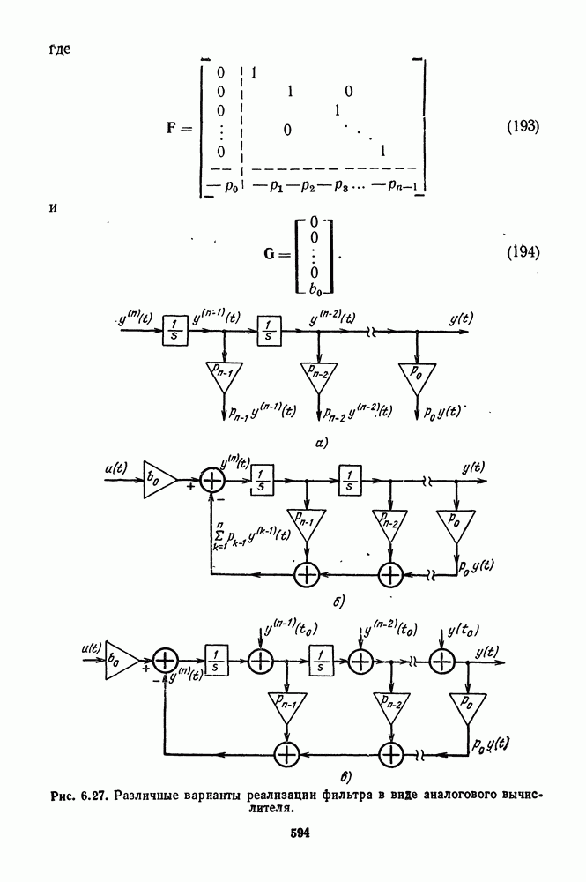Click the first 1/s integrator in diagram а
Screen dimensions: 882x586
pyautogui.click(x=174, y=332)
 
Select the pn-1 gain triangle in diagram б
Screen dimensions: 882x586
pyautogui.click(x=306, y=521)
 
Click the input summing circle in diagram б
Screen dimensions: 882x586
pyautogui.click(x=213, y=480)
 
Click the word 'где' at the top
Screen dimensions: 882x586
pyautogui.click(x=61, y=49)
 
